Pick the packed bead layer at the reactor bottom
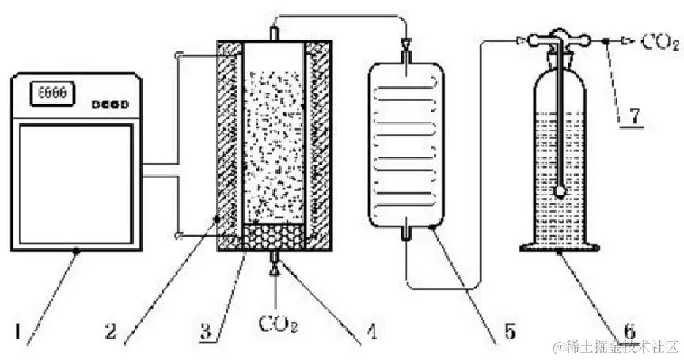pyautogui.click(x=274, y=236)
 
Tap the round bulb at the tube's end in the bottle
pyautogui.click(x=560, y=191)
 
